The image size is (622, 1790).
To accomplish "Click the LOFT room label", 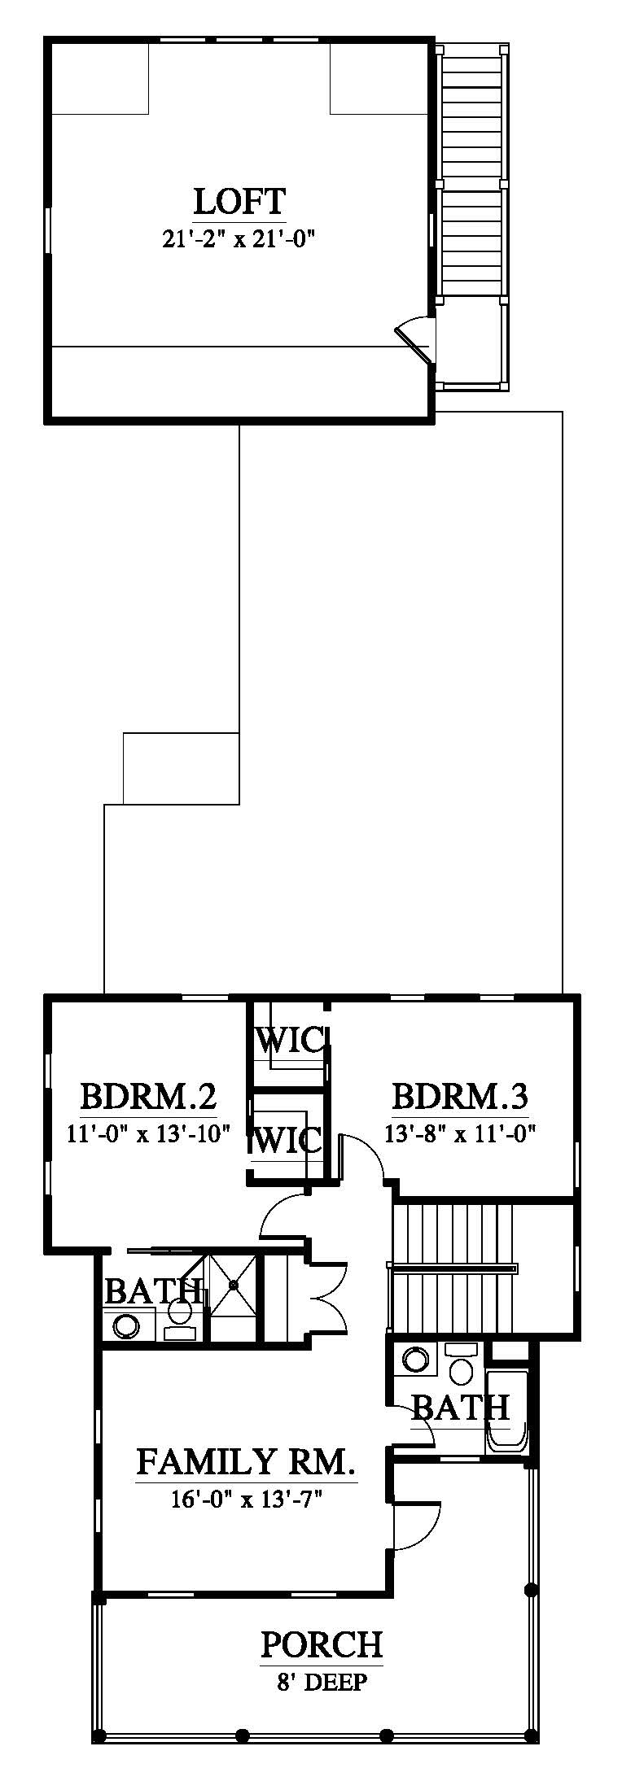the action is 239,200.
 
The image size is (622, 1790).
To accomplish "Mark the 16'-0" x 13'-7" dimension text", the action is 246,1497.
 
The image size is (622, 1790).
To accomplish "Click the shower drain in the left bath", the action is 234,1284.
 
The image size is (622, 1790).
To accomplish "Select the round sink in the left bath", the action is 126,1325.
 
